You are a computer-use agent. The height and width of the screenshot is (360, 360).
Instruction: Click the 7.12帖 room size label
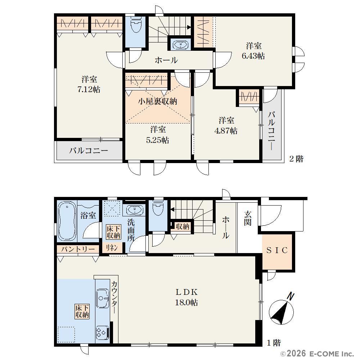(89, 89)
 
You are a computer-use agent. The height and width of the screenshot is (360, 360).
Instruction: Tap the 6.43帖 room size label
(253, 56)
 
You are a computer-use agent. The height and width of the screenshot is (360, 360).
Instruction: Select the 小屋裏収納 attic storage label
(158, 101)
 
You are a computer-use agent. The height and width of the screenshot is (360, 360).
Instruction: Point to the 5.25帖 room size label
(158, 140)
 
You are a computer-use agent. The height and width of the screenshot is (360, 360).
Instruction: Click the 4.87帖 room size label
(226, 131)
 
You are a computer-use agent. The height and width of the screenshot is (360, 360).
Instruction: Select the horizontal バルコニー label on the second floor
(89, 150)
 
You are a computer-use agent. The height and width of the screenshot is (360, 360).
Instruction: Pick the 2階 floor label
(296, 159)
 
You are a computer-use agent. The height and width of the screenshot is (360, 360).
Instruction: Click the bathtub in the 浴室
(67, 221)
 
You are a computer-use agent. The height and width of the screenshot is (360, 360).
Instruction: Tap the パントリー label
(78, 249)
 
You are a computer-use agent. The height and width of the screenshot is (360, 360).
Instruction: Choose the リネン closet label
(112, 248)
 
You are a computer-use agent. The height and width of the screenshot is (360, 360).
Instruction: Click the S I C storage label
(277, 250)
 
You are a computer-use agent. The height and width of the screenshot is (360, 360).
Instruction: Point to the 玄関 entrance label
(248, 218)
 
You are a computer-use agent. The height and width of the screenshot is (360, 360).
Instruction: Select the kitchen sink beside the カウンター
(102, 298)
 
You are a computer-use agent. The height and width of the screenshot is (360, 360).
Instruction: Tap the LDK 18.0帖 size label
(186, 297)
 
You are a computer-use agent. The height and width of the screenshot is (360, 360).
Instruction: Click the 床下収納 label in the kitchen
(82, 311)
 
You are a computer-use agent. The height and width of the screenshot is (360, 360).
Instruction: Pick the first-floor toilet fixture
(158, 208)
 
